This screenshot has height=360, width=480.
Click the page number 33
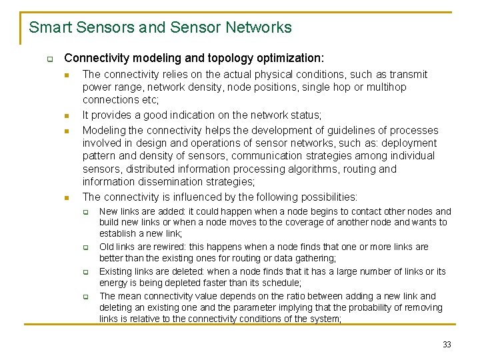tap(447, 345)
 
